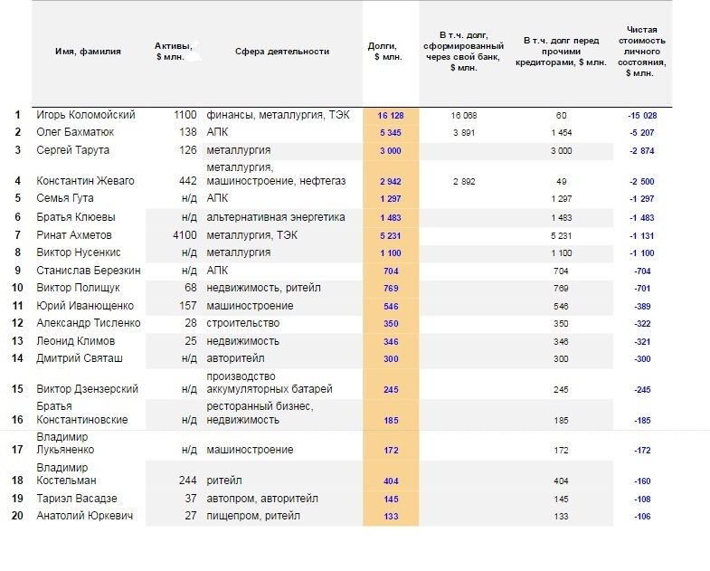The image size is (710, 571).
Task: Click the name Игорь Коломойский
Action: point(86,115)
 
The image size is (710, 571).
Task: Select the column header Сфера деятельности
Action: point(281,52)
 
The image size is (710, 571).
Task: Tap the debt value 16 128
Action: point(391,115)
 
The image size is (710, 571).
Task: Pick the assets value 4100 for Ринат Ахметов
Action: point(185,235)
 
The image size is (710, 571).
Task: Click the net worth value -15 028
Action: point(642,115)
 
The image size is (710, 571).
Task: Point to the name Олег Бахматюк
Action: point(75,132)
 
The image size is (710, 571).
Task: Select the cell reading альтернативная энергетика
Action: point(275,217)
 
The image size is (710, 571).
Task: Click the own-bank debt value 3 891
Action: point(464,132)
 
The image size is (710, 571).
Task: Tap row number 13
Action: point(17,341)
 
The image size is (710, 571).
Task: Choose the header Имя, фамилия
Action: point(88,52)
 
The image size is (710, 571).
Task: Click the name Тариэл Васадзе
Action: point(77,499)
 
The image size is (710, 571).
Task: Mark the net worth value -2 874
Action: point(642,150)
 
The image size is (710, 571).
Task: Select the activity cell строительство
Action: point(242,323)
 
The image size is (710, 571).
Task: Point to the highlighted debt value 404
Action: point(391,481)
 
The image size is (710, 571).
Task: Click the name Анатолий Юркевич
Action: point(85,516)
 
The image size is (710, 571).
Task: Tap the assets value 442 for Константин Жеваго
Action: point(188,181)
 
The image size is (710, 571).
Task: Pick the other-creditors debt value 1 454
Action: point(561,132)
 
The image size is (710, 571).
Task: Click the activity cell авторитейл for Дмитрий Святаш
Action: point(235,358)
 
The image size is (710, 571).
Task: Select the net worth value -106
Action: point(642,516)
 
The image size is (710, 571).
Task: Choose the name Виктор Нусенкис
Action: point(79,252)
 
